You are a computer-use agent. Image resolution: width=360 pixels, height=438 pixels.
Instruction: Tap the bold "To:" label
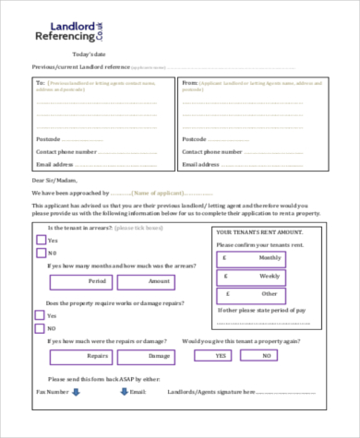coord(40,82)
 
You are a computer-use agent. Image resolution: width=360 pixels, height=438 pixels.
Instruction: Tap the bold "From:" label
coord(188,82)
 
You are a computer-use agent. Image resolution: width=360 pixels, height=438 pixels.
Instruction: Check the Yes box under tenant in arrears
coord(41,238)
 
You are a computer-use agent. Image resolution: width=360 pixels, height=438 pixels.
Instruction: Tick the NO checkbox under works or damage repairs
coord(41,326)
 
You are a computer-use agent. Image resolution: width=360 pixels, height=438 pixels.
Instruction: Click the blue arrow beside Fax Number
coord(77,391)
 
